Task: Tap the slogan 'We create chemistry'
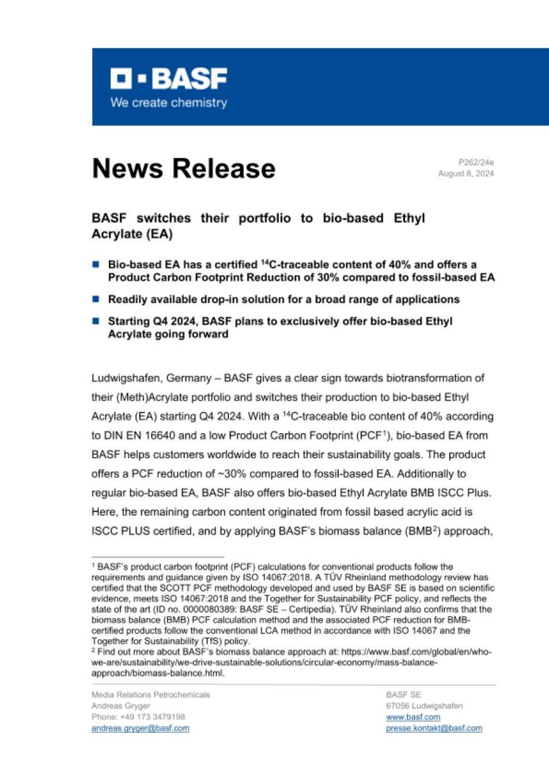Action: (168, 103)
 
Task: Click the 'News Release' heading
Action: (184, 168)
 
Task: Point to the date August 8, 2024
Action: (466, 174)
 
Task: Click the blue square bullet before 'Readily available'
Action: (95, 299)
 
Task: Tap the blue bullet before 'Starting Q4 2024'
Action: (95, 321)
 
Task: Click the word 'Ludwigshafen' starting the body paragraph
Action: (123, 379)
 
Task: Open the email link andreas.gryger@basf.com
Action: (140, 728)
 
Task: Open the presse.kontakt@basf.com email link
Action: (434, 728)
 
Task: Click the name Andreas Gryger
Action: (121, 706)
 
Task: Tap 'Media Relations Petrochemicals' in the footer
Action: (150, 694)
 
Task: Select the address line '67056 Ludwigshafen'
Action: (424, 706)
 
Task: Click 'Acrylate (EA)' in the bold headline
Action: (128, 234)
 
